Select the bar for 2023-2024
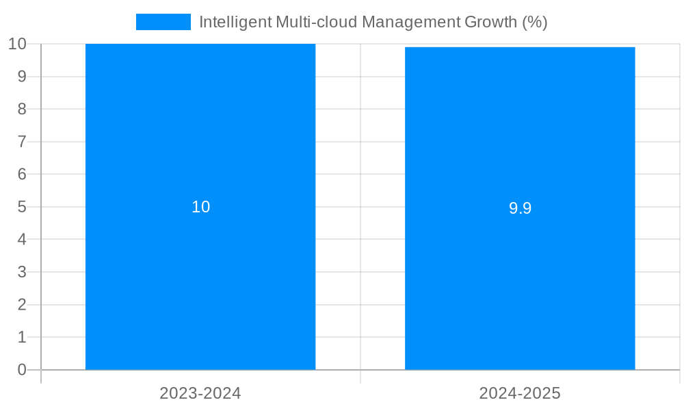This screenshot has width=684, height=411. [200, 274]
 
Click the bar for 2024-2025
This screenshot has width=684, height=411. [520, 274]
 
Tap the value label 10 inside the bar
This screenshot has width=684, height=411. [200, 207]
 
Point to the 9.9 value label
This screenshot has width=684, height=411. [520, 209]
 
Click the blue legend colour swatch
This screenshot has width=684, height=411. [163, 22]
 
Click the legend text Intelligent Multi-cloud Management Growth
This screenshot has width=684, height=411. [373, 22]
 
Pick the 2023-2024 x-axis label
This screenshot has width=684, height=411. [200, 393]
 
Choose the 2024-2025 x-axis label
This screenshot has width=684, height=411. [520, 393]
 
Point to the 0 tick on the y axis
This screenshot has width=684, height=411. [21, 370]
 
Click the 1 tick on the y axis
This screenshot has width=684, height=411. [21, 337]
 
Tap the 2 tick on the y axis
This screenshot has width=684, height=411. [21, 305]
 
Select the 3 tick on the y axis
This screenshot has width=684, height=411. [21, 272]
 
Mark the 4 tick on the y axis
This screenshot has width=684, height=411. [21, 239]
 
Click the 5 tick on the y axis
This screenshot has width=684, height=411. [21, 207]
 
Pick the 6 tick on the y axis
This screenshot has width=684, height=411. [21, 174]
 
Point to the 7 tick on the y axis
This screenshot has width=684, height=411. [21, 142]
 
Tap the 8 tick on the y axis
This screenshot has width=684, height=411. [21, 109]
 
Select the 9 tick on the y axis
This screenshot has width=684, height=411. [21, 76]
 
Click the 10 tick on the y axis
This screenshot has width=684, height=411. [17, 44]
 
